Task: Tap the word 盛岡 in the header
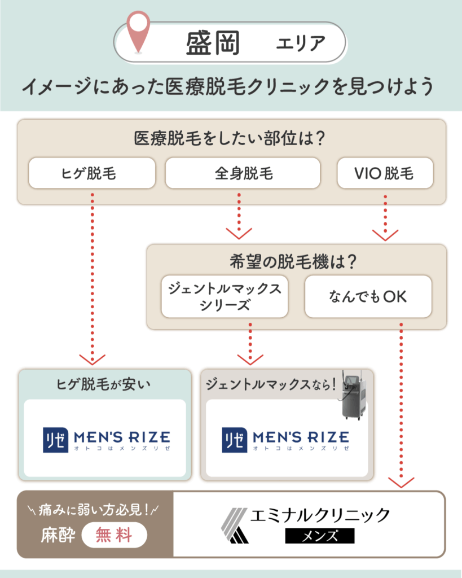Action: [213, 43]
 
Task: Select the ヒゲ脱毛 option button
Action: [91, 173]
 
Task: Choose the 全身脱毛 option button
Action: [243, 173]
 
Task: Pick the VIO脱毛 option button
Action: [385, 173]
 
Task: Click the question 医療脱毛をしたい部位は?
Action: [231, 138]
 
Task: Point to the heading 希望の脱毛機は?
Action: [296, 262]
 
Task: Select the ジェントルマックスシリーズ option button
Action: [225, 297]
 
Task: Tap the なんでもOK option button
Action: [368, 297]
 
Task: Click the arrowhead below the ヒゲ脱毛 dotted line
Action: [92, 359]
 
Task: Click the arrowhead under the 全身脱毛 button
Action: [239, 233]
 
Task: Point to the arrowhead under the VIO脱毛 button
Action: [385, 233]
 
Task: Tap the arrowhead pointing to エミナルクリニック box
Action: [401, 481]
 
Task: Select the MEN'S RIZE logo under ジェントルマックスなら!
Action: [285, 439]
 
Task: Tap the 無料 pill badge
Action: [115, 534]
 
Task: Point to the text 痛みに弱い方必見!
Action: [94, 511]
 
